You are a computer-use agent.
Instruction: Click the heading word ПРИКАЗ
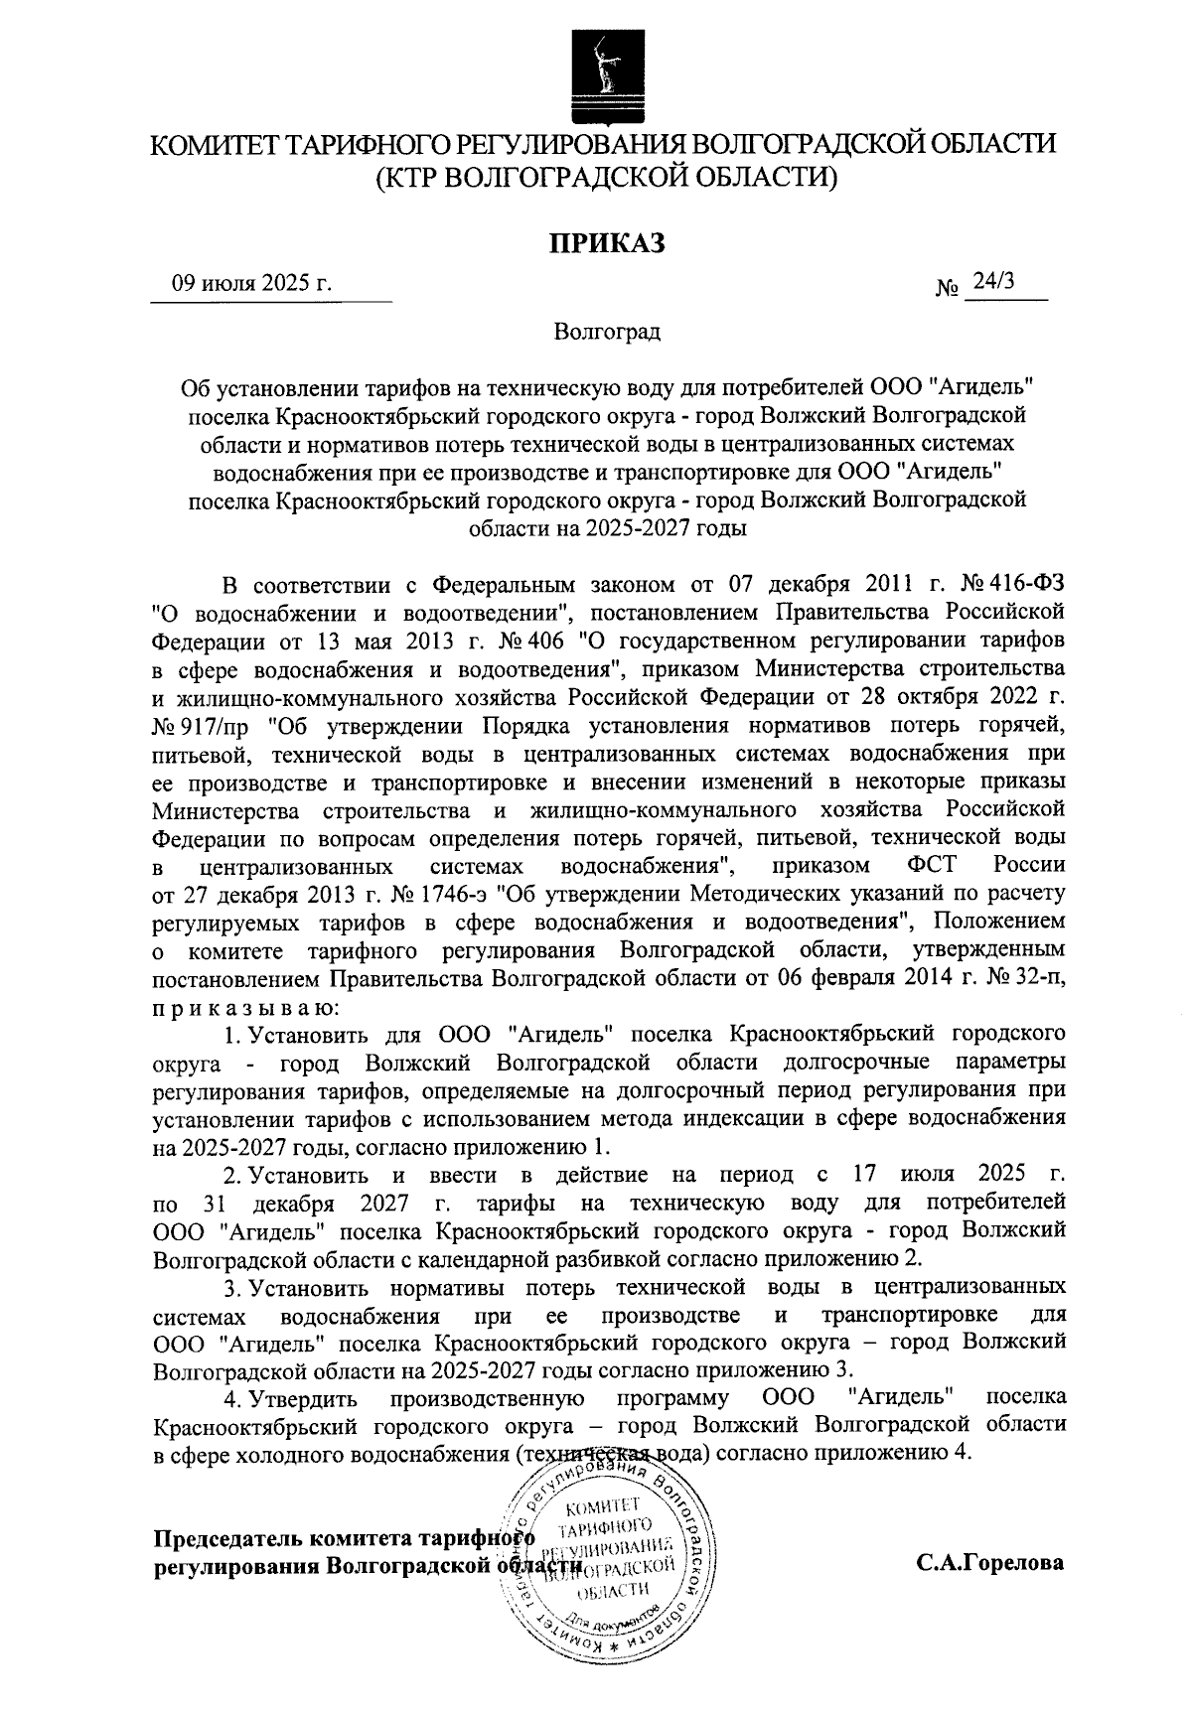607,241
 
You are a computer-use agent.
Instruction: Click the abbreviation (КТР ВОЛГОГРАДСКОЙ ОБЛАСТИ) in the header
607,178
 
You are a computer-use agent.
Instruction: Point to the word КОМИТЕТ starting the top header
212,145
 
